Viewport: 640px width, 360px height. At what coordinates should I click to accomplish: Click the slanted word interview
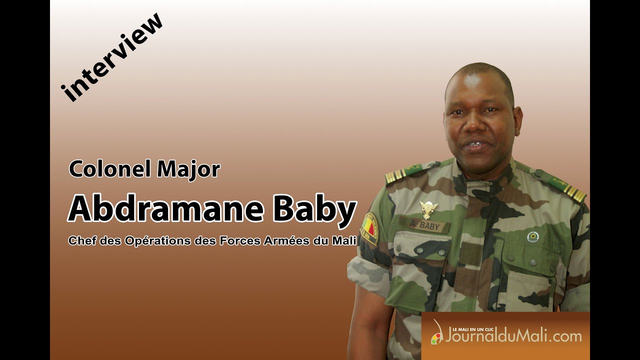[x=113, y=57]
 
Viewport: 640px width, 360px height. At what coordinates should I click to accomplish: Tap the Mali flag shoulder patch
[x=369, y=227]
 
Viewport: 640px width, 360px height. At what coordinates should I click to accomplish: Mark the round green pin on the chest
[x=533, y=237]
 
